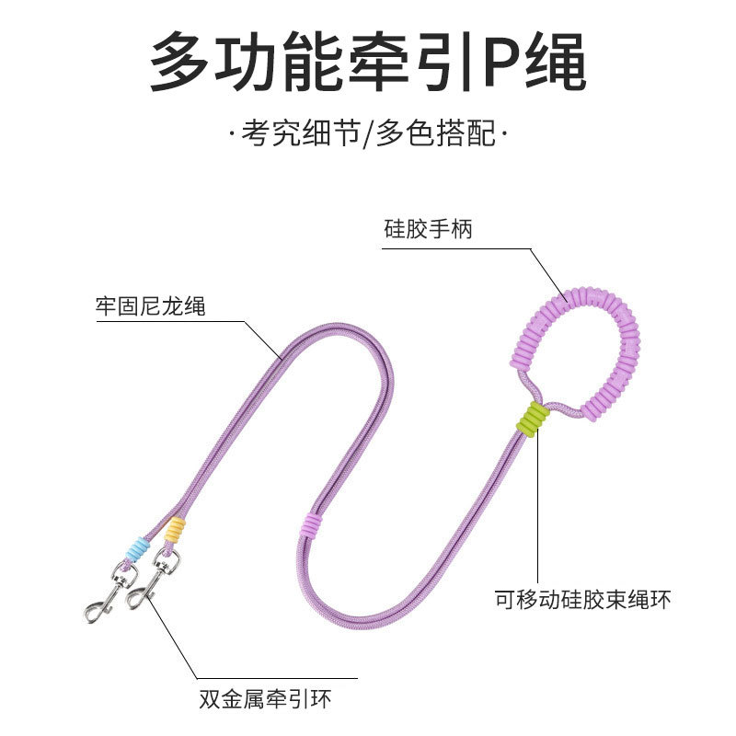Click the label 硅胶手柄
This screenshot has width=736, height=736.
click(x=428, y=230)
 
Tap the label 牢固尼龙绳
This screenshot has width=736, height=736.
click(x=150, y=305)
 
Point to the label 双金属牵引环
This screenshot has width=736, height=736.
click(x=264, y=699)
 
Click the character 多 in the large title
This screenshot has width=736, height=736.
click(x=185, y=63)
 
